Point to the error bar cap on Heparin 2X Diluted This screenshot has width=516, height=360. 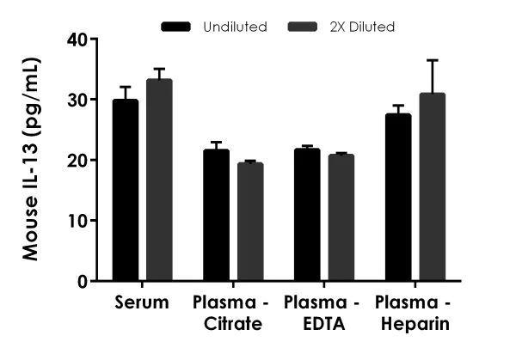click(432, 60)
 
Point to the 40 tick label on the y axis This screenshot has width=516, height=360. click(77, 40)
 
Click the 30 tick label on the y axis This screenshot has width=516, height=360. click(77, 100)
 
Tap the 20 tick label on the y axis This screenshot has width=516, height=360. click(77, 161)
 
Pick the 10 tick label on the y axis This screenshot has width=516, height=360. click(77, 221)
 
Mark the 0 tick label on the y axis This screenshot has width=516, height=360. click(82, 281)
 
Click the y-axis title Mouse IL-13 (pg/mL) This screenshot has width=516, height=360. click(31, 159)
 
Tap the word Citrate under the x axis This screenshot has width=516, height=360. click(232, 324)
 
